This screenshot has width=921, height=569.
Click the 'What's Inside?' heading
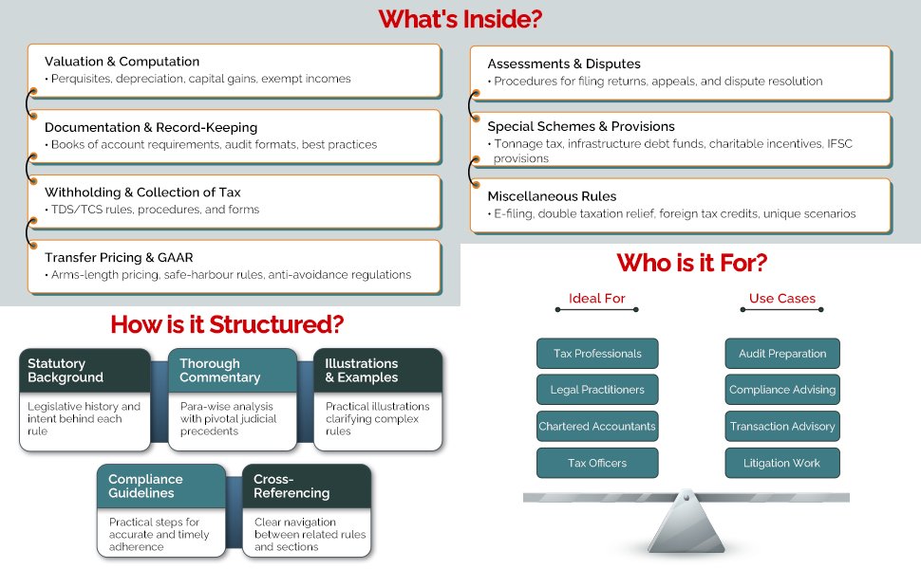pyautogui.click(x=460, y=19)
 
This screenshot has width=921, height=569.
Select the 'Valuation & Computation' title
pyautogui.click(x=122, y=62)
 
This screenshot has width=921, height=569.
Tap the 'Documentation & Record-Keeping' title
pyautogui.click(x=151, y=127)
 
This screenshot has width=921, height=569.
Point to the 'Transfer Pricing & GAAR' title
pyautogui.click(x=119, y=257)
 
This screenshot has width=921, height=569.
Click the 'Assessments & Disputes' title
pyautogui.click(x=564, y=64)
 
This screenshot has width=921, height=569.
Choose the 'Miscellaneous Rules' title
pyautogui.click(x=552, y=196)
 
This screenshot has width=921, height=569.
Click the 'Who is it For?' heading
pyautogui.click(x=691, y=262)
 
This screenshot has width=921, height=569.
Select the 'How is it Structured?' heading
pyautogui.click(x=227, y=324)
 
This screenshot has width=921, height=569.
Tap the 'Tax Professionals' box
pyautogui.click(x=597, y=354)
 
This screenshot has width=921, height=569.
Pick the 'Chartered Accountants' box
pyautogui.click(x=597, y=427)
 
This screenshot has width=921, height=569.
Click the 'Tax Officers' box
pyautogui.click(x=597, y=463)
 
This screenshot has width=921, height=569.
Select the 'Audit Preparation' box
pyautogui.click(x=782, y=354)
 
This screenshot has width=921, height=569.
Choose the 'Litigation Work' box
pyautogui.click(x=782, y=463)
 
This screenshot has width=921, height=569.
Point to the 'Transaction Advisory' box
pyautogui.click(x=782, y=427)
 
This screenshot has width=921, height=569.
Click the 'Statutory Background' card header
pyautogui.click(x=84, y=371)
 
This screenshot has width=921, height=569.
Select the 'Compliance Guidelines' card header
pyautogui.click(x=160, y=486)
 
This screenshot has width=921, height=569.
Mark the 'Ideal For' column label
pyautogui.click(x=596, y=299)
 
